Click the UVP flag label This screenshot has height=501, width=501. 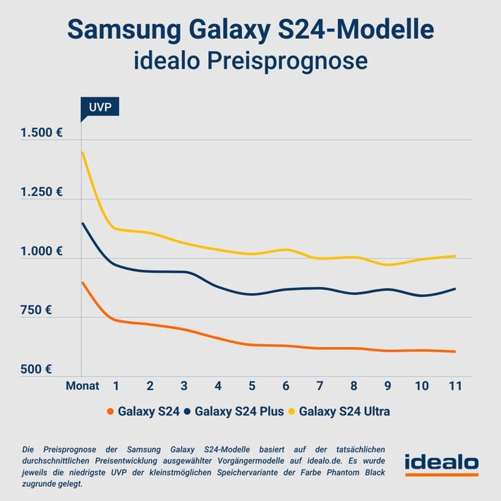click(x=99, y=107)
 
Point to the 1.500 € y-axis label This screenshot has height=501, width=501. click(x=42, y=133)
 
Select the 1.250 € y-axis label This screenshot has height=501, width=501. click(x=42, y=192)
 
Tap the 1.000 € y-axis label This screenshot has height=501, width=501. click(x=42, y=251)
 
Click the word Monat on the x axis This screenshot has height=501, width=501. click(x=83, y=386)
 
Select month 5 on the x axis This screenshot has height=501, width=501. click(x=252, y=386)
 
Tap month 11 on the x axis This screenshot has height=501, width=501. click(x=455, y=386)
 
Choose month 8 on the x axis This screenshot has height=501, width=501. click(x=354, y=386)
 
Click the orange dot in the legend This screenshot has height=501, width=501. click(x=109, y=411)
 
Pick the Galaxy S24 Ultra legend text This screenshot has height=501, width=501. click(x=344, y=411)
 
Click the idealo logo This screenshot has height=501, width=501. click(x=441, y=464)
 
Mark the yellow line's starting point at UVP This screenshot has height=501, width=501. click(x=83, y=152)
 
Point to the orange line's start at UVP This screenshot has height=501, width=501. click(x=83, y=282)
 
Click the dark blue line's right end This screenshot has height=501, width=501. click(x=455, y=289)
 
